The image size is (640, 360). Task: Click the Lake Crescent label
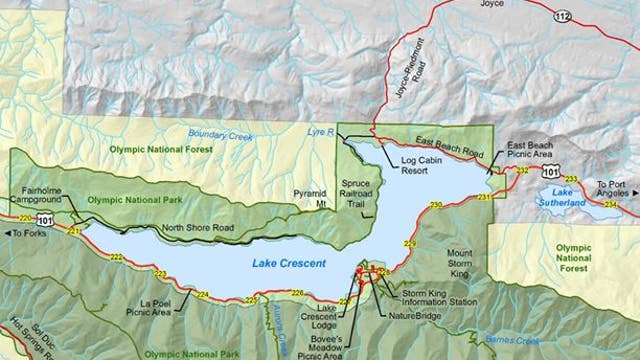[x=278, y=264]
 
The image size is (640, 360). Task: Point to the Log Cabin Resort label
[x=408, y=165]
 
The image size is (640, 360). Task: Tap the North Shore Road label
[x=197, y=228]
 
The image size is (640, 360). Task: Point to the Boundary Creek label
[x=217, y=136]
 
